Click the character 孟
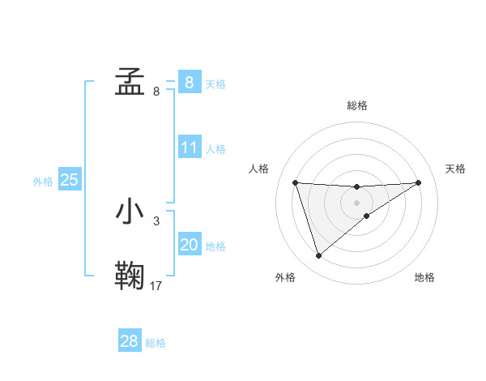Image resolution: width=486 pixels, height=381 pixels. (x=130, y=82)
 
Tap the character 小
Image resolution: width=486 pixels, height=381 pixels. (x=130, y=212)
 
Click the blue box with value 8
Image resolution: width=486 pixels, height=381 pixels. (x=189, y=82)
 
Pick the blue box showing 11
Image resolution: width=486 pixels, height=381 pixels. (x=189, y=148)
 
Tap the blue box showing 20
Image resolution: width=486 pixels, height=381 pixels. (x=189, y=245)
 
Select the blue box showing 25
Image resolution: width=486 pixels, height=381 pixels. (x=69, y=180)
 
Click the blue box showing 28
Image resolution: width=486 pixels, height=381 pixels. (x=129, y=341)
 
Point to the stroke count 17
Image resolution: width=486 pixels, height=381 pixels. (x=156, y=285)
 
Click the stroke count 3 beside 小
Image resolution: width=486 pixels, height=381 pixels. (x=156, y=220)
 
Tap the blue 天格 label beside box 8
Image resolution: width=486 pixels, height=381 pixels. (x=215, y=83)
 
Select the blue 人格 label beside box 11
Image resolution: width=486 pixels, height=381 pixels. (x=215, y=149)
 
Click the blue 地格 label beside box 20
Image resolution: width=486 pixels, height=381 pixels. (x=215, y=246)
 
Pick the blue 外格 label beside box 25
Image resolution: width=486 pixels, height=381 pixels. (x=43, y=182)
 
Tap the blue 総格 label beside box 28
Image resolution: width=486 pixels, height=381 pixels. (x=155, y=343)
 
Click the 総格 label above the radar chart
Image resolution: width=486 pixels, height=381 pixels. (x=356, y=105)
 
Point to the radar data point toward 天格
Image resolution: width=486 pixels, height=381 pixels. (x=418, y=182)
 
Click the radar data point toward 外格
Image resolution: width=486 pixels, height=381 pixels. (x=318, y=256)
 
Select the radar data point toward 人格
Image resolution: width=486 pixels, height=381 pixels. (x=295, y=182)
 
